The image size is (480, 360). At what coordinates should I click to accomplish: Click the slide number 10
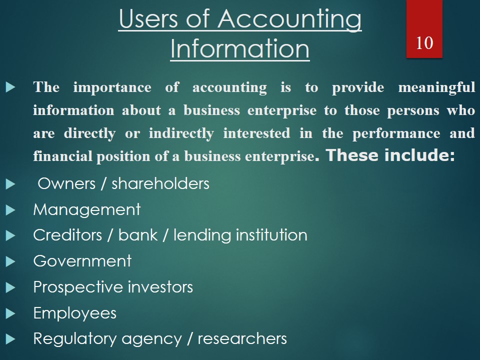(x=424, y=43)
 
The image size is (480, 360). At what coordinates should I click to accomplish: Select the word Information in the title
(x=239, y=49)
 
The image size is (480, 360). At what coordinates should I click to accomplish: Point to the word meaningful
(x=436, y=88)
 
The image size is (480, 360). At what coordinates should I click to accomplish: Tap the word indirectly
(x=181, y=133)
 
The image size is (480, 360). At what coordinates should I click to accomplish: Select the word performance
(x=396, y=133)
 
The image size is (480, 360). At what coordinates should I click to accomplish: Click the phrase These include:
(x=390, y=155)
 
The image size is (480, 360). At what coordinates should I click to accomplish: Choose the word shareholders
(x=160, y=183)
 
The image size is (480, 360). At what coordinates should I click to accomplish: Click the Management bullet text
(x=87, y=209)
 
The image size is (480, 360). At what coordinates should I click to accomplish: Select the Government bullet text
(x=82, y=261)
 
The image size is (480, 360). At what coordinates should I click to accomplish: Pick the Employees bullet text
(x=74, y=313)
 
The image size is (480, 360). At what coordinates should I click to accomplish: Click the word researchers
(x=242, y=339)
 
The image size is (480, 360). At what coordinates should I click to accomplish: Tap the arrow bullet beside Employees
(x=11, y=313)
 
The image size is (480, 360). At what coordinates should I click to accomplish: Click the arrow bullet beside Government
(x=11, y=261)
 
